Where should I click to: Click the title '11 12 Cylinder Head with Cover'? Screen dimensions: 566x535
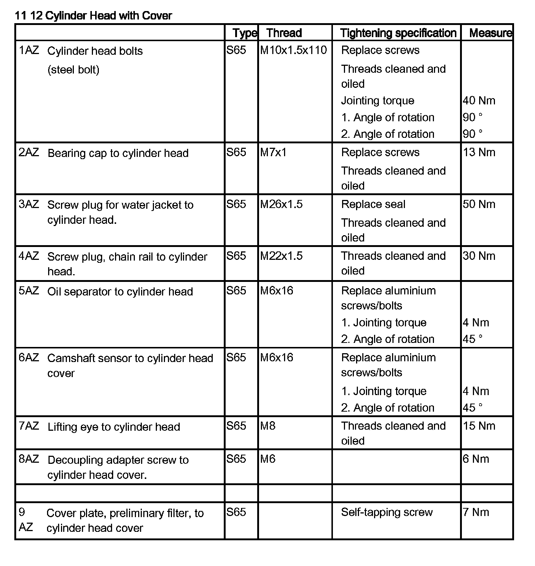pos(93,15)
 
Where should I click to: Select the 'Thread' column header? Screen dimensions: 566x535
pos(284,33)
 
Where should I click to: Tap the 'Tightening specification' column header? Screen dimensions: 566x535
pos(398,33)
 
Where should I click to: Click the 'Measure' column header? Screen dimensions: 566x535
pos(491,33)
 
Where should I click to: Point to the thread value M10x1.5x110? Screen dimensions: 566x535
pos(293,50)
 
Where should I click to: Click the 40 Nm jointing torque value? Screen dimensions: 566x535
pos(479,100)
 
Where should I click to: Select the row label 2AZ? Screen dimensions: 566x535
pos(29,152)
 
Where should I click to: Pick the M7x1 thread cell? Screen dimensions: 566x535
pos(273,152)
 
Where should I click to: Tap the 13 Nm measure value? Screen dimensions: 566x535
pos(479,152)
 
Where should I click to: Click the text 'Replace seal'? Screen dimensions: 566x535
pos(373,204)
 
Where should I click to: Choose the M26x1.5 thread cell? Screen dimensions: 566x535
pos(281,204)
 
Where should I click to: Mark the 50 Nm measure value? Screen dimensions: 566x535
pos(479,204)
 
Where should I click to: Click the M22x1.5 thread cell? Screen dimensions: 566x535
pos(281,256)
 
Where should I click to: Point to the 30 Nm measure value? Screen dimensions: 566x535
pos(479,256)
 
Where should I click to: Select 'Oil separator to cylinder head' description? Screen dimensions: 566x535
pos(120,291)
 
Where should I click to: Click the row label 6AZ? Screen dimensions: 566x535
pos(29,357)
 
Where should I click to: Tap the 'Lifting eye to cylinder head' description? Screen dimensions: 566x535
pos(114,427)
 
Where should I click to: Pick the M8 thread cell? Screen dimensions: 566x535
pos(268,426)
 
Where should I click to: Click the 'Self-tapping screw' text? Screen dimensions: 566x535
pos(387,512)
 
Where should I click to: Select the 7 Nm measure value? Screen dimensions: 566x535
pos(476,512)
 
